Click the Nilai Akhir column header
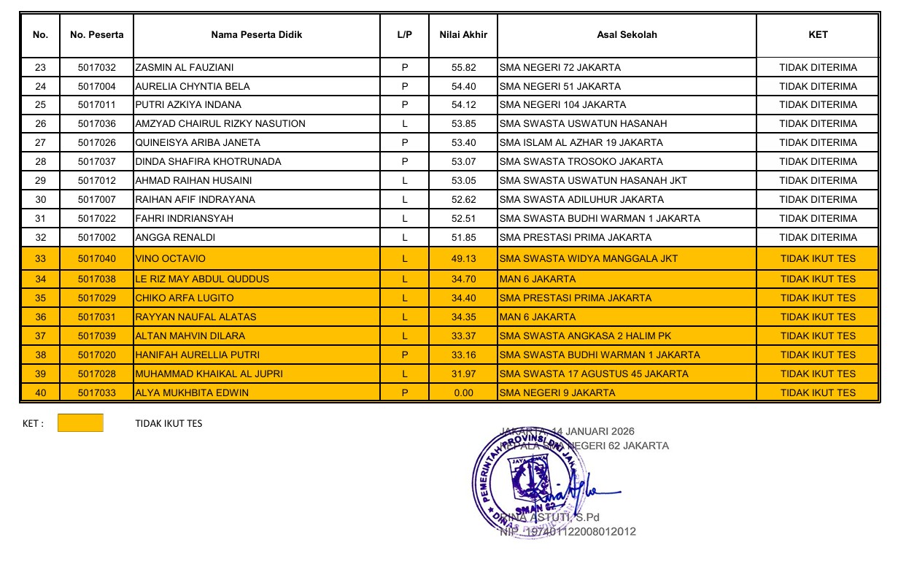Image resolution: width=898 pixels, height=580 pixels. pyautogui.click(x=463, y=34)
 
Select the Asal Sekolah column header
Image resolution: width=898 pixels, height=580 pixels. pyautogui.click(x=627, y=34)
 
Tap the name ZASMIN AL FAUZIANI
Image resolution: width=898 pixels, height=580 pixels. pyautogui.click(x=185, y=68)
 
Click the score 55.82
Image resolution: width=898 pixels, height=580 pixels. pyautogui.click(x=463, y=68)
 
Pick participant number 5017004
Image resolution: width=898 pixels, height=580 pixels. pyautogui.click(x=97, y=86)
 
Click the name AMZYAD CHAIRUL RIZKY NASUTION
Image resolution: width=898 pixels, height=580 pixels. pyautogui.click(x=220, y=124)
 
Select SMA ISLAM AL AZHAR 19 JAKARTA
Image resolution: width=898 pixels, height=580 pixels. pyautogui.click(x=581, y=143)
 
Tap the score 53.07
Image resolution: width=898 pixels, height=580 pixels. pyautogui.click(x=463, y=162)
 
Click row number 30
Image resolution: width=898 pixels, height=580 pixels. pyautogui.click(x=41, y=200)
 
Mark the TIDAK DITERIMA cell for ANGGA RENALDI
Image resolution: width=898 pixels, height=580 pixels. pyautogui.click(x=818, y=238)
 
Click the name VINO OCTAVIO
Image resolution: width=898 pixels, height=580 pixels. pyautogui.click(x=171, y=259)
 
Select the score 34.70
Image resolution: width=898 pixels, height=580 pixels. pyautogui.click(x=463, y=279)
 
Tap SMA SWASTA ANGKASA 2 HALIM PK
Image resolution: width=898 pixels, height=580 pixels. pyautogui.click(x=585, y=336)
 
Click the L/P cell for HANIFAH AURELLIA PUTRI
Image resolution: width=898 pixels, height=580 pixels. pyautogui.click(x=404, y=355)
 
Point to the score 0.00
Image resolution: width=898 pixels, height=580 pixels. pyautogui.click(x=463, y=393)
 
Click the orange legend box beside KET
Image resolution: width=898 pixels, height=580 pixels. pyautogui.click(x=80, y=423)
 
